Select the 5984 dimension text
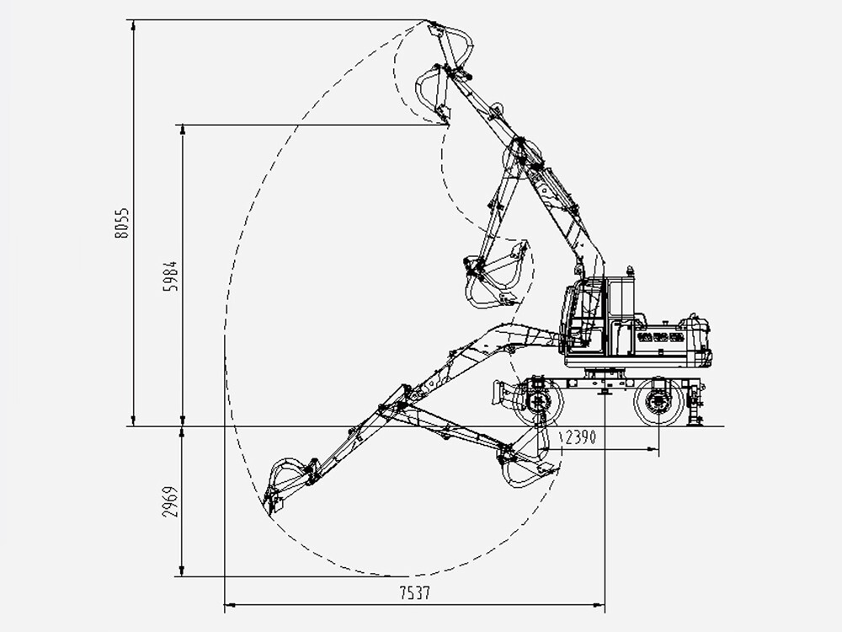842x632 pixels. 172,276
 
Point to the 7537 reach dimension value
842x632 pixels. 413,593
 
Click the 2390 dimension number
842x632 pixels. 581,437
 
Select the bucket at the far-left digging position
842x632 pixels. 280,485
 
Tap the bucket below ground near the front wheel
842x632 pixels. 526,463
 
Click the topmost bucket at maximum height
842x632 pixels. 450,46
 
